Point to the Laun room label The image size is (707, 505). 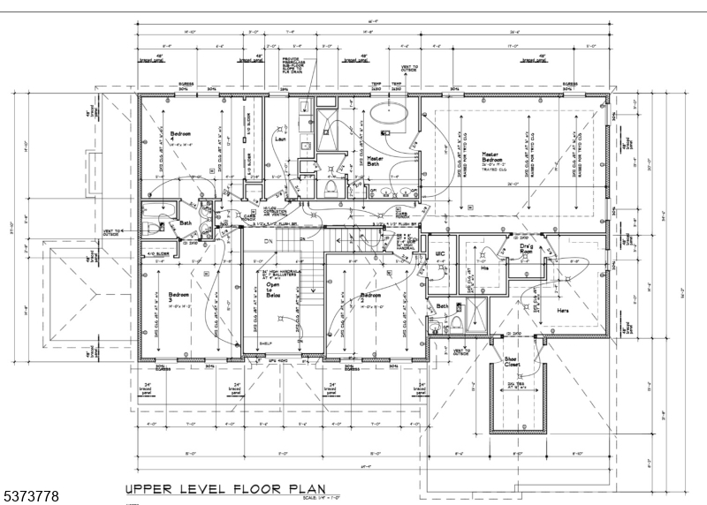coord(280,139)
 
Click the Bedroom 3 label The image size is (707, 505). coord(179,297)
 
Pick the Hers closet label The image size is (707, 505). coord(562,311)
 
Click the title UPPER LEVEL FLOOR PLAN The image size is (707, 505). coord(224,487)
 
